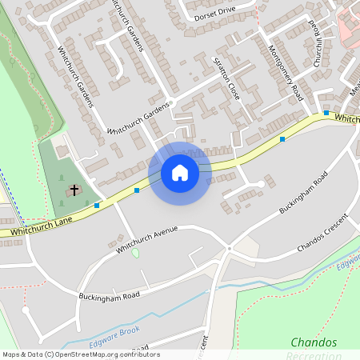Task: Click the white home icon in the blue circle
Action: pyautogui.click(x=180, y=172)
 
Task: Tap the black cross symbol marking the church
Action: pyautogui.click(x=74, y=190)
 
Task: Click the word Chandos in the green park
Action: pyautogui.click(x=313, y=342)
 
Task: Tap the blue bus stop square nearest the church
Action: pyautogui.click(x=97, y=206)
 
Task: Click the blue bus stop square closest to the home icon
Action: pyautogui.click(x=137, y=190)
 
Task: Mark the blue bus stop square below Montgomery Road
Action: pyautogui.click(x=282, y=139)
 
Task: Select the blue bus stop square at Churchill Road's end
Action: pyautogui.click(x=326, y=113)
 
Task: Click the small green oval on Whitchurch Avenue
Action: pyautogui.click(x=135, y=253)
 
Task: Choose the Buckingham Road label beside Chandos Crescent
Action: pyautogui.click(x=304, y=193)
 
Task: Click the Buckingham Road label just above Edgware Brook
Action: pyautogui.click(x=109, y=295)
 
